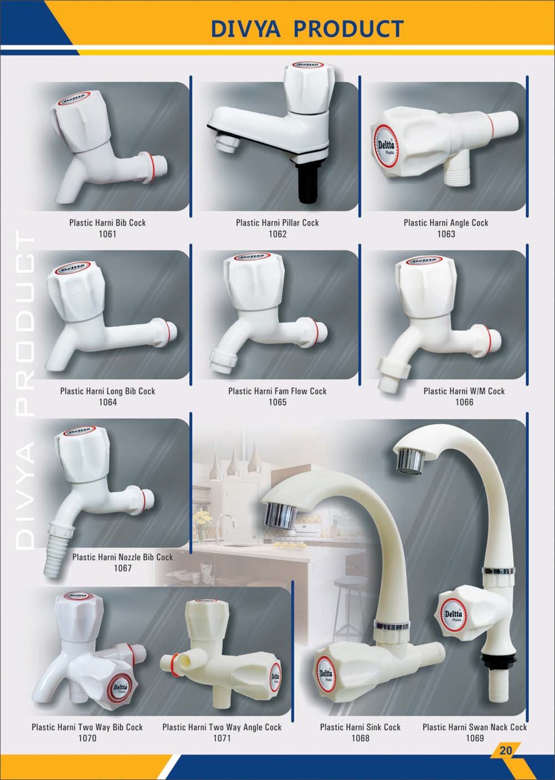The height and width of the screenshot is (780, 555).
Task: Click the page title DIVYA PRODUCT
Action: pyautogui.click(x=307, y=28)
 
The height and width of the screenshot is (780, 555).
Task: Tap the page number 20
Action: pyautogui.click(x=506, y=749)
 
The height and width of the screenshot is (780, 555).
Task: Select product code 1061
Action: pyautogui.click(x=107, y=234)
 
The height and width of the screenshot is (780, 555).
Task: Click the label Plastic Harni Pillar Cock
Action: pyautogui.click(x=277, y=222)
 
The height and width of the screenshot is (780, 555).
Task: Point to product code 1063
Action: pyautogui.click(x=446, y=234)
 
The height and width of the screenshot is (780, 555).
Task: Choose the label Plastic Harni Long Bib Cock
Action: pyautogui.click(x=108, y=391)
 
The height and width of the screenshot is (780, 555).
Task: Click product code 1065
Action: pyautogui.click(x=277, y=402)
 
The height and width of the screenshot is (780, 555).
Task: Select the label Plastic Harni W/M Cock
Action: pyautogui.click(x=464, y=391)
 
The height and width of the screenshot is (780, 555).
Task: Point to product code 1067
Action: pyautogui.click(x=123, y=568)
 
